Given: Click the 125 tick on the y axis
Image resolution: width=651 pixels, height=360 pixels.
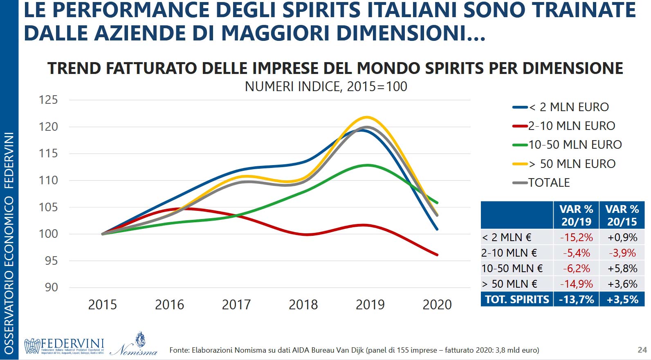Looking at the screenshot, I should click(x=48, y=100).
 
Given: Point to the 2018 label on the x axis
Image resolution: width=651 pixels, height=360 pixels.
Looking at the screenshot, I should click(x=303, y=305).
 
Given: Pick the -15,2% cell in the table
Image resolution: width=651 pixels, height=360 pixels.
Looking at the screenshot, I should click(x=576, y=237).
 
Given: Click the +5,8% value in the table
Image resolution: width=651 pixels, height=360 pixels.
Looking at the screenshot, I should click(x=622, y=268).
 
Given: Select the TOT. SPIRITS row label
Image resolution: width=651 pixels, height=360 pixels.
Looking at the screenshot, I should click(x=517, y=300).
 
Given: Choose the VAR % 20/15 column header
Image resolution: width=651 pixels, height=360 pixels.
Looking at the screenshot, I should click(x=622, y=215).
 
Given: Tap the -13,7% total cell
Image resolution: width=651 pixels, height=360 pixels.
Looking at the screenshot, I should click(x=576, y=300).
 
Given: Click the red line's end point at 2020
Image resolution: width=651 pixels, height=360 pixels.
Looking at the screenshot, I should click(x=437, y=255).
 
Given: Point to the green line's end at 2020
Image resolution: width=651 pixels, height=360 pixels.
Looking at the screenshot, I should click(x=437, y=203).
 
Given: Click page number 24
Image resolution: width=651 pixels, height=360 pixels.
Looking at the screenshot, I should click(x=642, y=350).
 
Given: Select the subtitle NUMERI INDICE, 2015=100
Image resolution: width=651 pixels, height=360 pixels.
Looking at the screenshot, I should click(x=326, y=87).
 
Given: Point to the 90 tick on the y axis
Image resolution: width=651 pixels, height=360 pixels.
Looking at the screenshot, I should click(x=51, y=288).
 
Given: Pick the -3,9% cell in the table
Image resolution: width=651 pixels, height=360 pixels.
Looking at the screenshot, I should click(x=622, y=253).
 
